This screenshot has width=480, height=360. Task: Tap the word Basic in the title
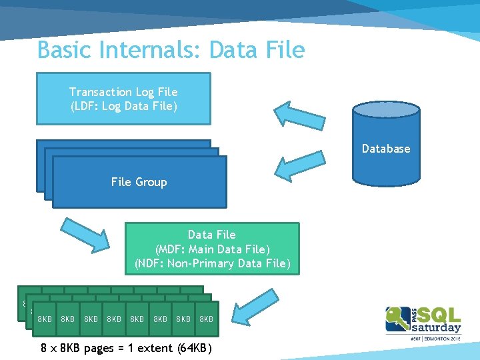tap(61, 50)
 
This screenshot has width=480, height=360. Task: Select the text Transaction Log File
tap(123, 92)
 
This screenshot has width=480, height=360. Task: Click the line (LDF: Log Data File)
tap(123, 107)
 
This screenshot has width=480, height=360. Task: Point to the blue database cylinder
tap(387, 143)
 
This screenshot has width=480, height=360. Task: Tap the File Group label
tap(139, 182)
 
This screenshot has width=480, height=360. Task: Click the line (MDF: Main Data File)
tap(212, 249)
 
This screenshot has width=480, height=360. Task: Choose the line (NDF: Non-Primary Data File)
tap(212, 264)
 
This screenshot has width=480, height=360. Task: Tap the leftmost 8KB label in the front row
tap(45, 319)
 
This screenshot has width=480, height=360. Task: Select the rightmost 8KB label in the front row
tap(206, 319)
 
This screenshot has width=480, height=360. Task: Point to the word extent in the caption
tap(157, 348)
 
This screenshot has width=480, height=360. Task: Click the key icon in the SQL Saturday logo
tap(399, 317)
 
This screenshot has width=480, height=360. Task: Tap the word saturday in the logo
tap(437, 327)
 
